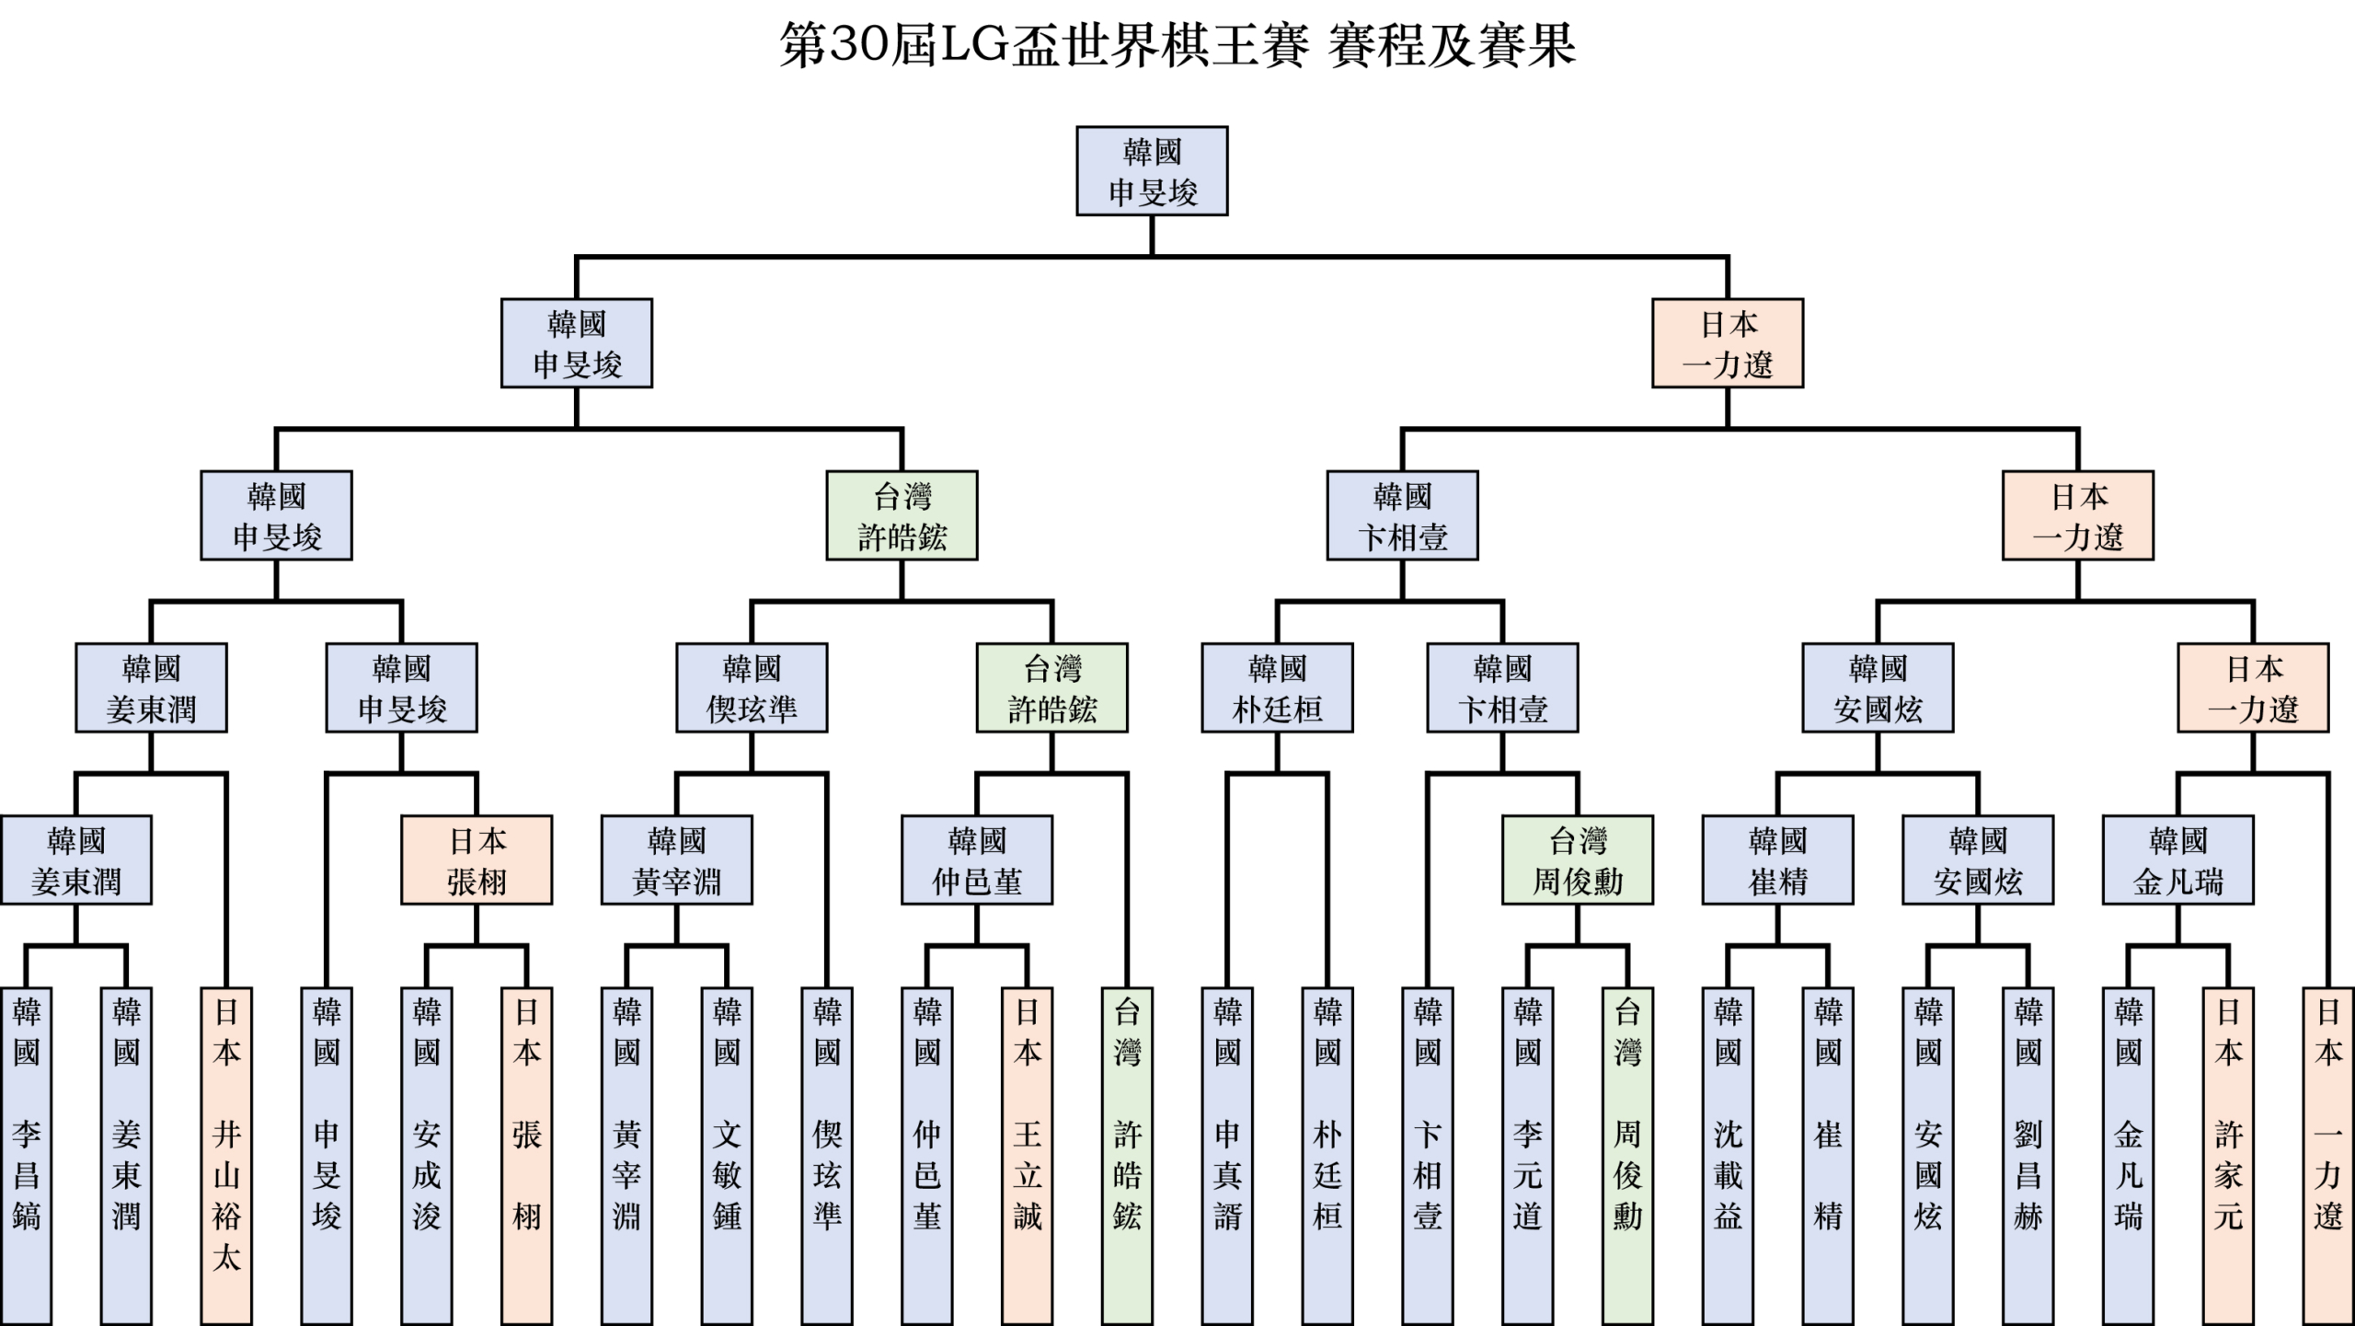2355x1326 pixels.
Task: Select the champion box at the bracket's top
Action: point(1152,171)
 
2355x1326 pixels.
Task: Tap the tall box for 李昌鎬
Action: point(26,1155)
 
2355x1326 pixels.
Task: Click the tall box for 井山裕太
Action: point(226,1155)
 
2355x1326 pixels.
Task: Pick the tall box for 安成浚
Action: point(427,1155)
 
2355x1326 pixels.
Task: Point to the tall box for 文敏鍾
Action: point(727,1155)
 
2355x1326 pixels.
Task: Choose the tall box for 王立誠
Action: point(1027,1155)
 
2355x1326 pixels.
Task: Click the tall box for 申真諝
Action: point(1227,1155)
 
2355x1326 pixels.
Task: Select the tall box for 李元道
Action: point(1527,1155)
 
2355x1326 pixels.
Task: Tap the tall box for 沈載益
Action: point(1728,1155)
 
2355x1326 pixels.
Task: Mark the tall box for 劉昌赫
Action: point(2028,1155)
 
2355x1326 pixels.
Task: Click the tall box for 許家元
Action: point(2228,1155)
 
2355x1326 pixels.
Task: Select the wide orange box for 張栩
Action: point(477,860)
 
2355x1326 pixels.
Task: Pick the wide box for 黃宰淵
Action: point(676,860)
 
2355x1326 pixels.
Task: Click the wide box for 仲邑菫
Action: point(977,860)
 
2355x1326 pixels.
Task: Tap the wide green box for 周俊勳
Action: point(1578,860)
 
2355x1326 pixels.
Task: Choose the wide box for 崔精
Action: point(1777,860)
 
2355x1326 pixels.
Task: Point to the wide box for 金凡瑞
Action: point(2177,860)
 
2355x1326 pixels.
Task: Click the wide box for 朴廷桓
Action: point(1277,687)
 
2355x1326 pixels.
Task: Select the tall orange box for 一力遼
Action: point(2328,1155)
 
